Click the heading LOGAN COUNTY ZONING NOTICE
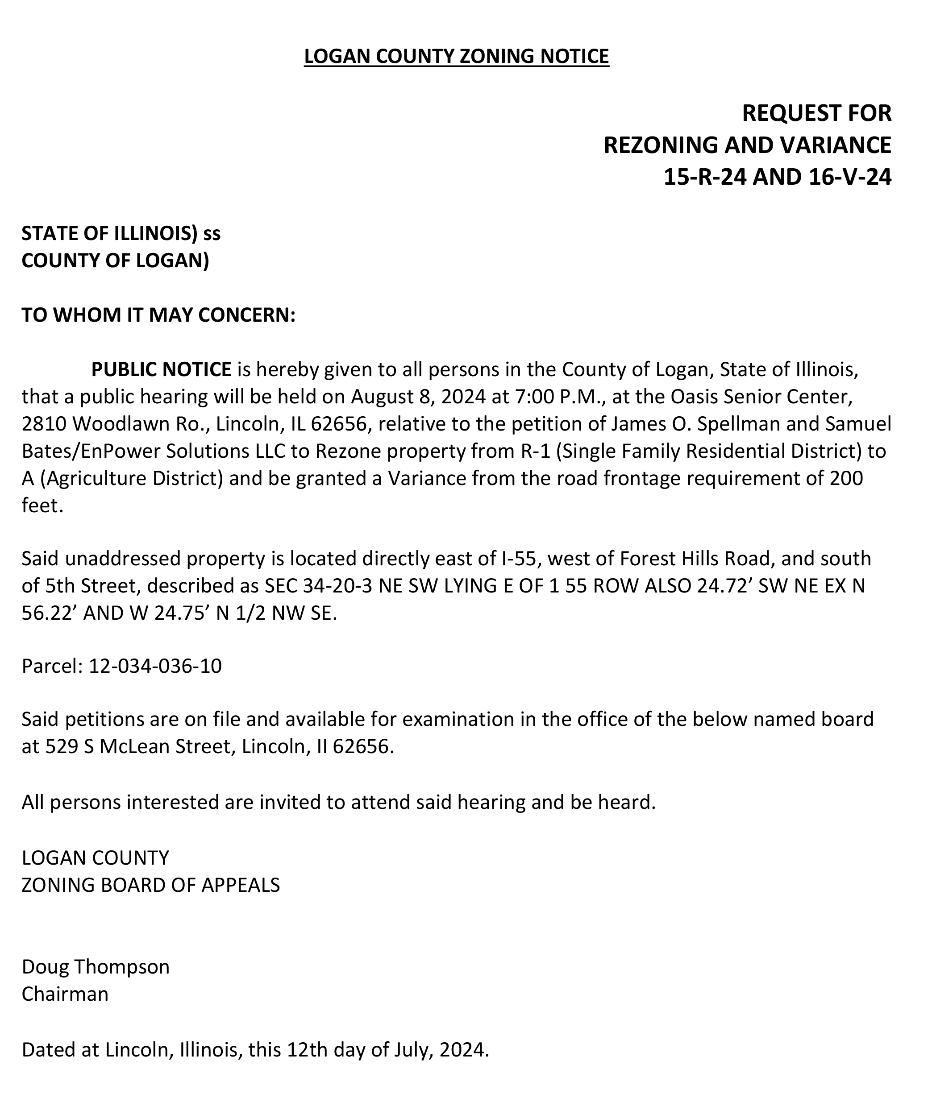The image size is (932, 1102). [456, 56]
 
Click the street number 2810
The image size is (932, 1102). [44, 424]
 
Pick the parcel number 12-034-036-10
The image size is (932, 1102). [155, 666]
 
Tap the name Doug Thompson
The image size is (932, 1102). [96, 967]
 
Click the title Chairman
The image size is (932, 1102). [65, 994]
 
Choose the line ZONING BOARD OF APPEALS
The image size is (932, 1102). [150, 885]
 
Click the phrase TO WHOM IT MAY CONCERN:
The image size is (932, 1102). [158, 315]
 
